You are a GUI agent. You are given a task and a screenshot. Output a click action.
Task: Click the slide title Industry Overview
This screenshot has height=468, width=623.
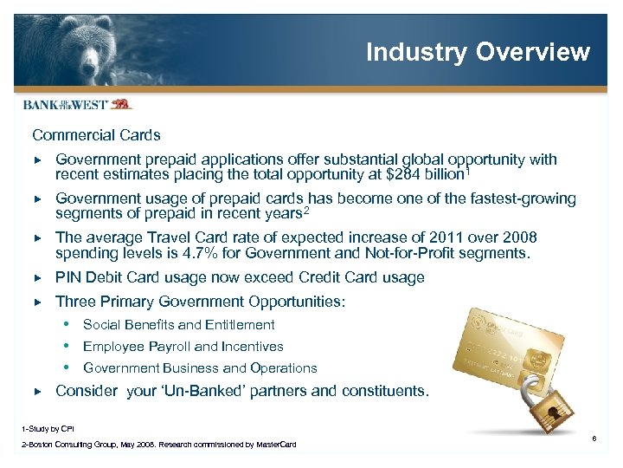pyautogui.click(x=478, y=52)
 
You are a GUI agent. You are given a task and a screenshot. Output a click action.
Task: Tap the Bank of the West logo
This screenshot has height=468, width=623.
pyautogui.click(x=77, y=105)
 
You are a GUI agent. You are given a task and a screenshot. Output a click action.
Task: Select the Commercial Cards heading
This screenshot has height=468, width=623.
pyautogui.click(x=96, y=135)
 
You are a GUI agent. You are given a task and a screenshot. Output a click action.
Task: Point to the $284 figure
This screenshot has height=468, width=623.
pyautogui.click(x=403, y=176)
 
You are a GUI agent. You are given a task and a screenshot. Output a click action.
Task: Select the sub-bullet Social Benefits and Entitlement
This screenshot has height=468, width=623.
pyautogui.click(x=178, y=325)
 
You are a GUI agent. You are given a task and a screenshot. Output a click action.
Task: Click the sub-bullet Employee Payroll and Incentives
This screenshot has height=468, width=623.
pyautogui.click(x=183, y=347)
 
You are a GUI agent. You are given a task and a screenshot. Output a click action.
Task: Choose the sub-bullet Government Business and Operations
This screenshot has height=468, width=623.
pyautogui.click(x=200, y=368)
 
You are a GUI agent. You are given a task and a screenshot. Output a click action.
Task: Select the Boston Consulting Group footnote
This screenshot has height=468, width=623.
pyautogui.click(x=157, y=445)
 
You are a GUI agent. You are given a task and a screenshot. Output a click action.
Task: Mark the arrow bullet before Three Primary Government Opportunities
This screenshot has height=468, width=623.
pyautogui.click(x=36, y=302)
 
